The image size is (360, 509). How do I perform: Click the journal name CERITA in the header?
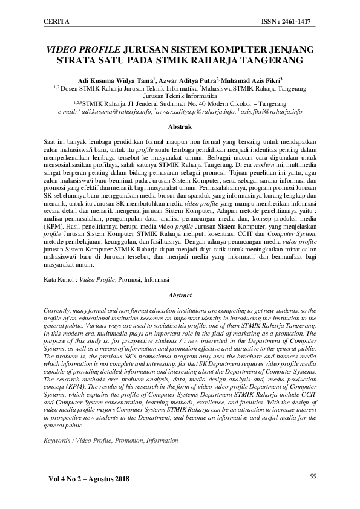click(x=56, y=22)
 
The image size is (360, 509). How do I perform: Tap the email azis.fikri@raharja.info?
click(x=271, y=112)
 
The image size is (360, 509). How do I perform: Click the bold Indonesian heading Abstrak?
click(x=180, y=127)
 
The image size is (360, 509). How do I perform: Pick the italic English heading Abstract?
click(x=180, y=296)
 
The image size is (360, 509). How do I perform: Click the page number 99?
click(x=313, y=476)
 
